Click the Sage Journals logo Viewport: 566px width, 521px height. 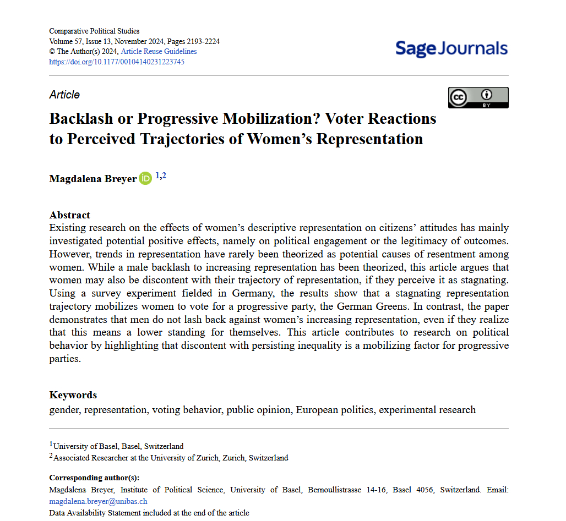tap(451, 48)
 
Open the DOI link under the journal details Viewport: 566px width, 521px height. tap(117, 62)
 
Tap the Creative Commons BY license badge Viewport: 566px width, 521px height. tap(478, 97)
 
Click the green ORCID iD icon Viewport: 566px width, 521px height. tap(145, 178)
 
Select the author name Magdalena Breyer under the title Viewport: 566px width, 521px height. tap(92, 179)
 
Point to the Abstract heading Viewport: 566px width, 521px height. tap(69, 215)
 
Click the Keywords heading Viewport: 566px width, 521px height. tap(73, 395)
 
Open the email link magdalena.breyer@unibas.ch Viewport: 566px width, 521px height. tap(98, 501)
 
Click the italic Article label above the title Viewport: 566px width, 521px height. tap(64, 95)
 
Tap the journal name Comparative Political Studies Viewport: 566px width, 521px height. tap(94, 31)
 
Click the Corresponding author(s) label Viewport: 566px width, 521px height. tap(94, 478)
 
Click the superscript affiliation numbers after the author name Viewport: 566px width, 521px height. tap(160, 176)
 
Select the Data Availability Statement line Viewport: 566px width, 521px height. tap(149, 513)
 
